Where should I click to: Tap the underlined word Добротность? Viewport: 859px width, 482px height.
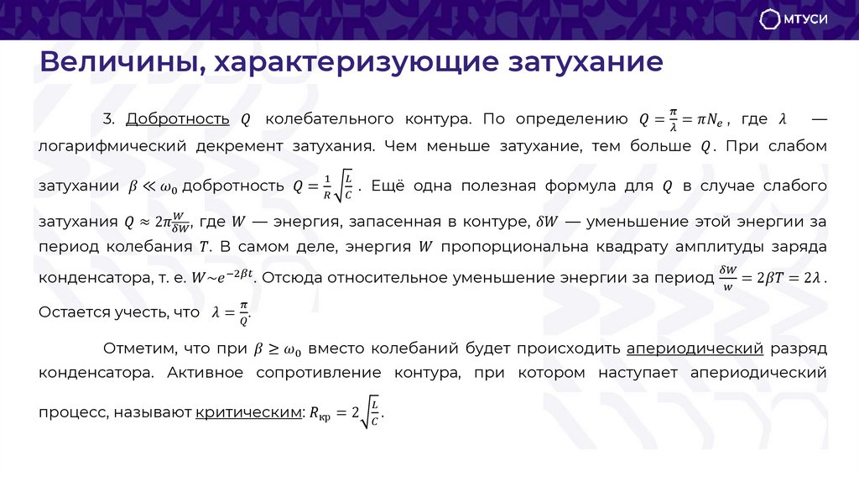coord(177,119)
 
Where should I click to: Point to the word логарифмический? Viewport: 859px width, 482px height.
coord(111,145)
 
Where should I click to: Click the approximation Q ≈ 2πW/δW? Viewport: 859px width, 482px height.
coord(158,223)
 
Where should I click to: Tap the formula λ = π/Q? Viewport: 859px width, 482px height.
coord(231,312)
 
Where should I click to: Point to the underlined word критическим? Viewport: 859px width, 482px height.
coord(247,412)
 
